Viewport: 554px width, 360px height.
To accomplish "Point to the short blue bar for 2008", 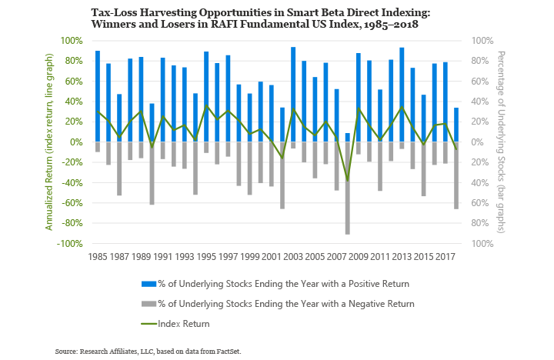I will coord(348,138).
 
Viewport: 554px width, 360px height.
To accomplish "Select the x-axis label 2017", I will coord(446,256).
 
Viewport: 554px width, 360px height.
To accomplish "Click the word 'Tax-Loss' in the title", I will coord(137,14).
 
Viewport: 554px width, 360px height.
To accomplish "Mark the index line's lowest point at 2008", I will coord(348,181).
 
